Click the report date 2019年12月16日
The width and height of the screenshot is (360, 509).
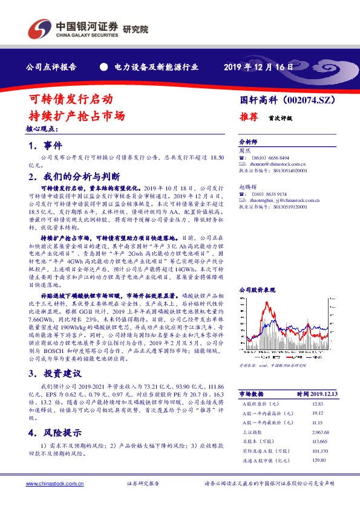click(x=258, y=67)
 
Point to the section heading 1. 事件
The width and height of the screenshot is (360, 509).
click(x=45, y=146)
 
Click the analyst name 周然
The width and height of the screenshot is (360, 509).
click(x=244, y=149)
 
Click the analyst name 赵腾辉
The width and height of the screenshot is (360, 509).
click(x=247, y=188)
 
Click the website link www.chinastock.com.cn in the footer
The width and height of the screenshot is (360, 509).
click(x=49, y=484)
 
